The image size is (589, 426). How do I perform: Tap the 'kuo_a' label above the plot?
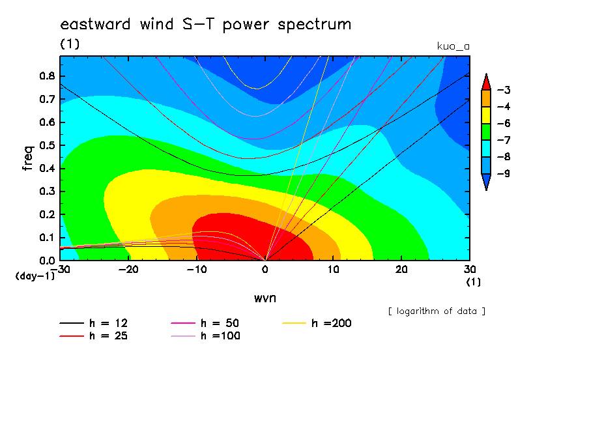click(x=453, y=46)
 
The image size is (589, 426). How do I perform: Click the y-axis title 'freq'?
click(x=28, y=158)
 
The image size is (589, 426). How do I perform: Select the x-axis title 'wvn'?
click(x=265, y=298)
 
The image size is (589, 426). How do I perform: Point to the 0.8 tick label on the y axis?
click(x=48, y=76)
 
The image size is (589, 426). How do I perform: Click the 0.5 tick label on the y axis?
click(x=48, y=145)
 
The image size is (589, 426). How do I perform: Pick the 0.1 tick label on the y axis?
click(x=48, y=238)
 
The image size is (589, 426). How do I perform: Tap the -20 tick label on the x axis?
click(x=128, y=270)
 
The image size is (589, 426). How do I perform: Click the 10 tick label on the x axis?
click(x=333, y=270)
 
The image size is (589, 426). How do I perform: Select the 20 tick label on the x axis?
click(x=401, y=270)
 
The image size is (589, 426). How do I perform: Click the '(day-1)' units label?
click(x=35, y=276)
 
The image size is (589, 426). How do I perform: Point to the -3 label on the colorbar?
click(x=504, y=90)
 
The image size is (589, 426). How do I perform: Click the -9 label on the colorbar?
click(x=504, y=173)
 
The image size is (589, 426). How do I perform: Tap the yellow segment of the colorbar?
click(x=486, y=115)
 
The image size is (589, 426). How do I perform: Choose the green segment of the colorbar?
click(x=486, y=132)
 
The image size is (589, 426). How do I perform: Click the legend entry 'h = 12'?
click(x=94, y=323)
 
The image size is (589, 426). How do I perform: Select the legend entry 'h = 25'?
click(x=94, y=336)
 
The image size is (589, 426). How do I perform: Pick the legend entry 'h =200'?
click(x=317, y=323)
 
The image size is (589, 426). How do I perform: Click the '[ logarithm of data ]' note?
click(x=437, y=311)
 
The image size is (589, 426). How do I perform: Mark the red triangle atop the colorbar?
click(x=486, y=83)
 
